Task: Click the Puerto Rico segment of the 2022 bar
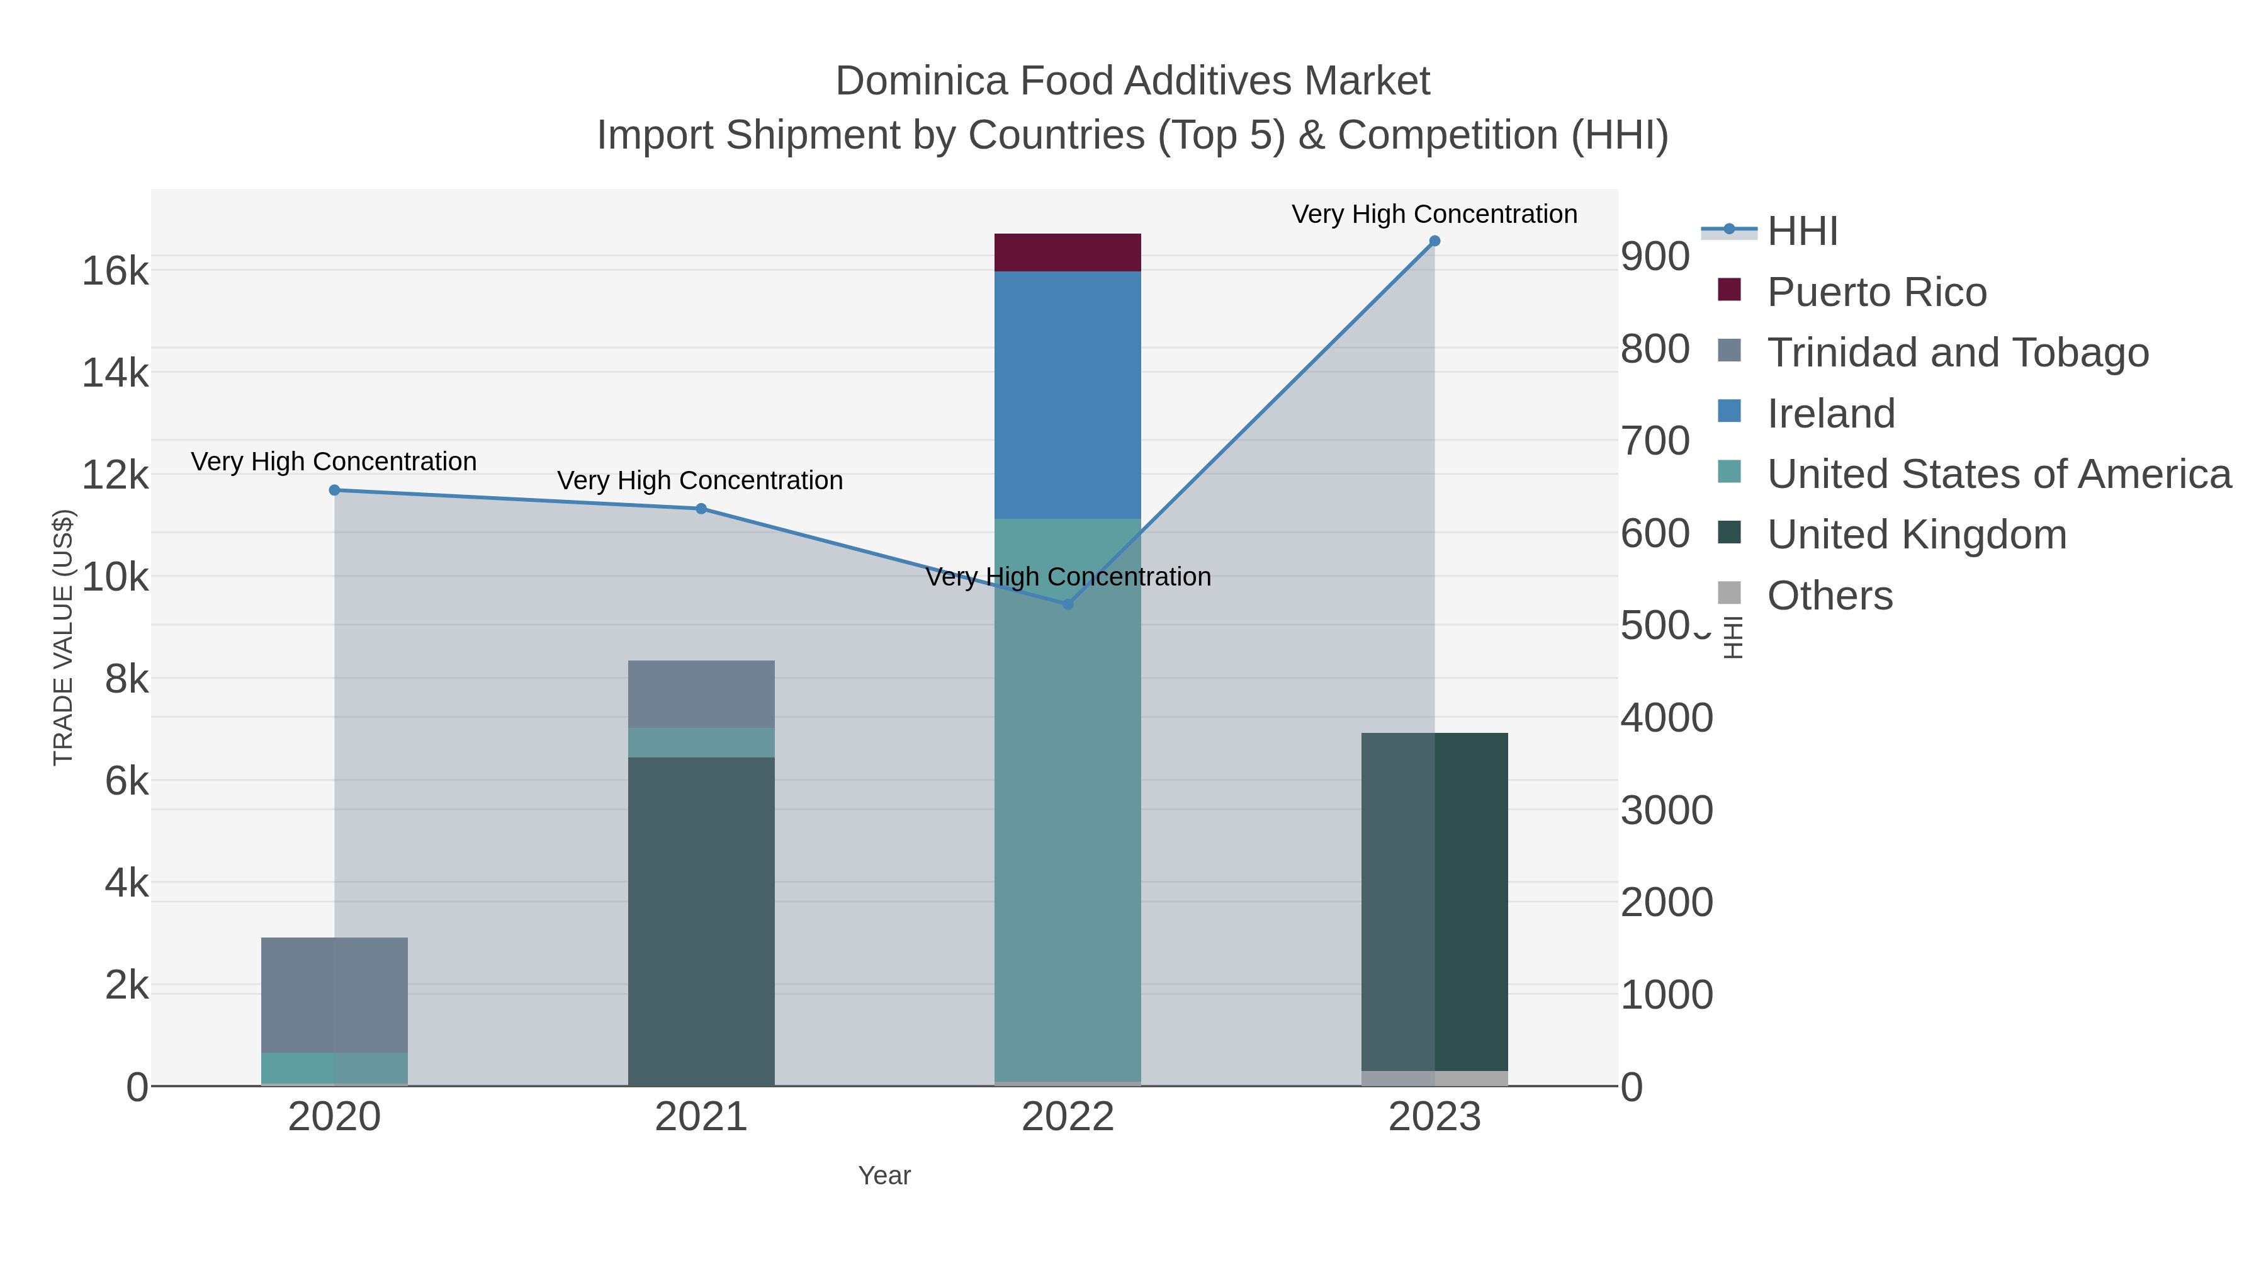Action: pos(1067,252)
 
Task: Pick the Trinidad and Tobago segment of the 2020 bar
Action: pos(334,994)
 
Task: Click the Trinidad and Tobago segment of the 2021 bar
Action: pos(701,693)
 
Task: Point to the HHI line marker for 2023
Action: pos(1435,241)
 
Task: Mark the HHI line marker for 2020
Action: pos(334,490)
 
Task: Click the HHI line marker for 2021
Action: pos(701,509)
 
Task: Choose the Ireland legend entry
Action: pos(1830,414)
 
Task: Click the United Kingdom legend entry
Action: pos(1916,535)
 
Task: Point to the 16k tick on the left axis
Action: pos(115,271)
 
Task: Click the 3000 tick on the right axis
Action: pos(1666,810)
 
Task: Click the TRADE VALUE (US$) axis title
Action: pos(64,637)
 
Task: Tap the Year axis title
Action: pos(884,1176)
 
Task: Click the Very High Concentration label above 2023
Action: pos(1434,214)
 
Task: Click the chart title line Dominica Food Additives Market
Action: pos(1132,81)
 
